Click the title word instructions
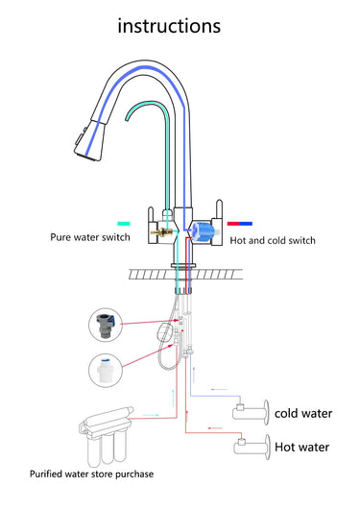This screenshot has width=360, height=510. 169,25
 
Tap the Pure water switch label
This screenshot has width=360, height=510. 90,237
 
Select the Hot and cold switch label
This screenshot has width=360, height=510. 273,240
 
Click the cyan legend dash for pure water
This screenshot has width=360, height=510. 124,224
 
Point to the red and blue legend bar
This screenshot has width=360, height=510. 240,224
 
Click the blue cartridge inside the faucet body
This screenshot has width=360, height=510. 203,231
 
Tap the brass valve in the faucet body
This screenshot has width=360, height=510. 161,232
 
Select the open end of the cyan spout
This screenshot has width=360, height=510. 127,119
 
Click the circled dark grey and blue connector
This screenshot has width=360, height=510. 106,325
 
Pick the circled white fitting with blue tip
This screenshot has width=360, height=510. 106,370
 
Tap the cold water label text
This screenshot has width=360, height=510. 303,413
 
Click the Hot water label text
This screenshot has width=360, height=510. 301,447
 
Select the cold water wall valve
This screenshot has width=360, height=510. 251,412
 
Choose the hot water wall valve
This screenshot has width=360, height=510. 252,447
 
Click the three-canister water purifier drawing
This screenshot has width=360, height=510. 106,436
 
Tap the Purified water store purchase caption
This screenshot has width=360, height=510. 91,474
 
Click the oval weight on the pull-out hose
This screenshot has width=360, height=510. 164,331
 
